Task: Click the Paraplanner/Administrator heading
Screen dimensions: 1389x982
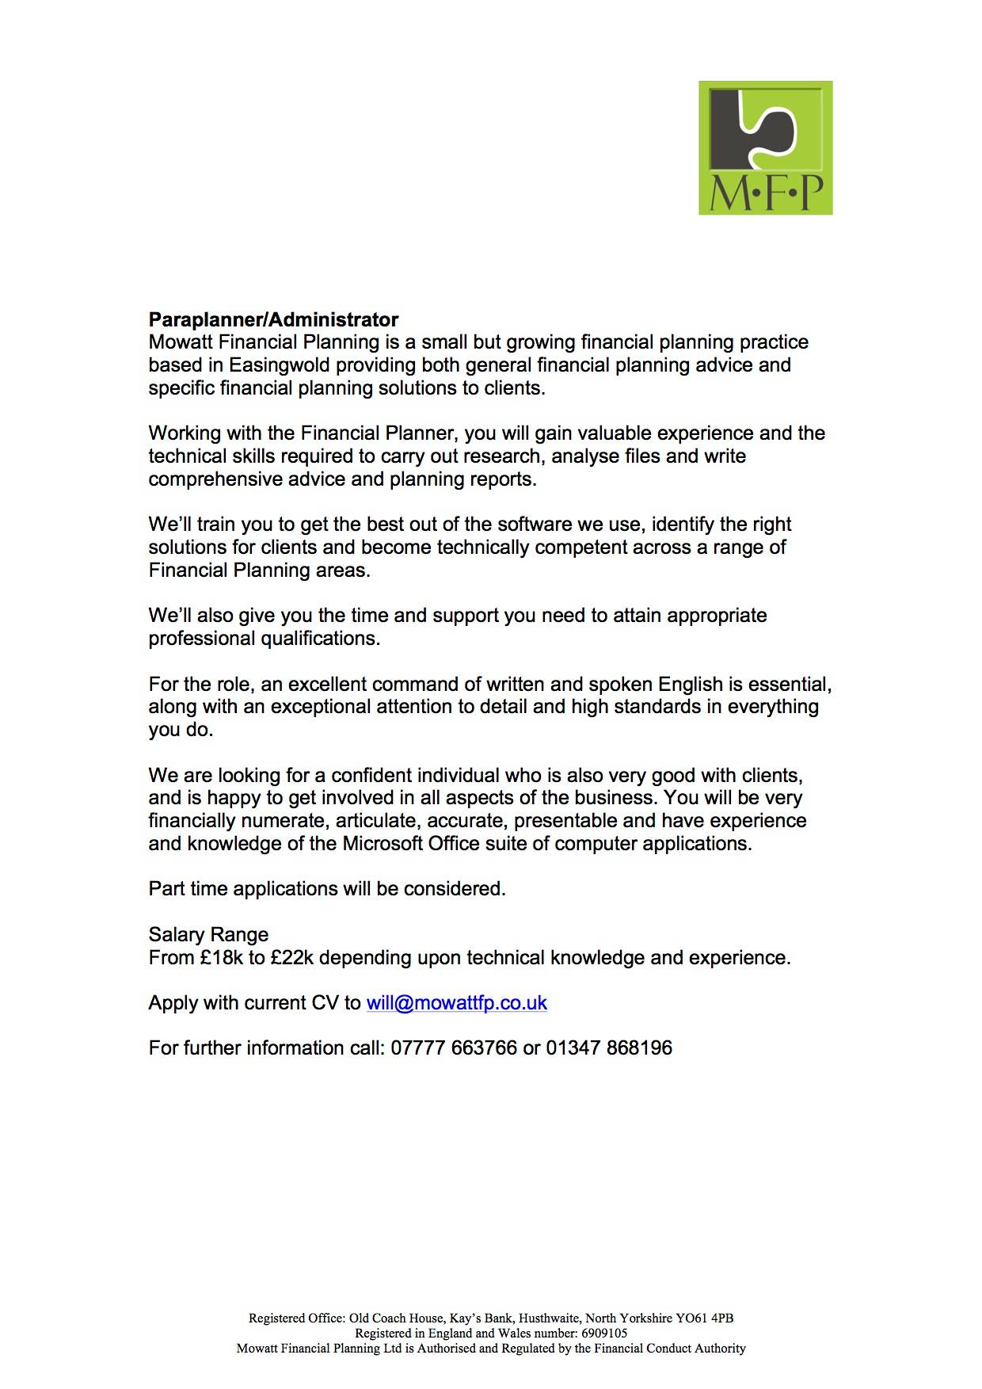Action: pos(273,320)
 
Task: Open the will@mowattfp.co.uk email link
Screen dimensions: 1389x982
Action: pos(456,1003)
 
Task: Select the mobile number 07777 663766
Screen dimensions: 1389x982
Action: pos(454,1048)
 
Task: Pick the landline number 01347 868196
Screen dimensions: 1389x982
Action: pos(609,1048)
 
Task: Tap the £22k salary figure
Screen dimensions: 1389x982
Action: pos(292,958)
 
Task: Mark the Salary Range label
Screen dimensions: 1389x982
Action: pos(208,935)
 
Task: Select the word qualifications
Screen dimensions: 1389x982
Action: pos(321,639)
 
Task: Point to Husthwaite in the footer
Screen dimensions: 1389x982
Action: pos(547,1318)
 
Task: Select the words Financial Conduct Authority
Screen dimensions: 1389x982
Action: pos(660,1348)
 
